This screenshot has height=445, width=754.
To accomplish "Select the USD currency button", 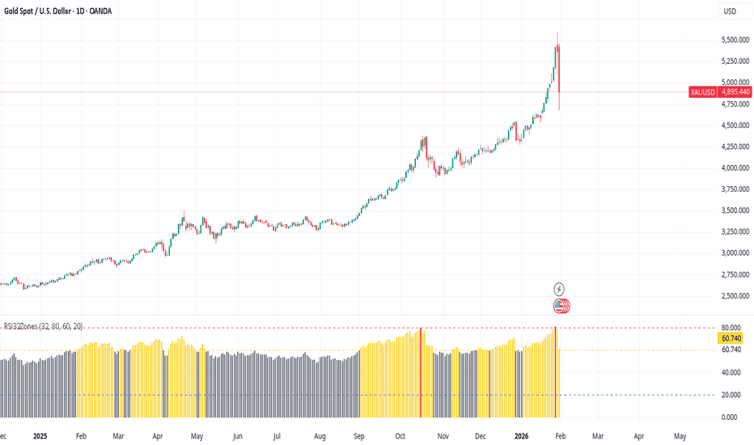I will (730, 11).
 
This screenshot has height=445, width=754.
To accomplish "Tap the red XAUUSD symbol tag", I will (702, 92).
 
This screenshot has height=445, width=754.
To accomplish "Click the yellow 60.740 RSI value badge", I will (731, 338).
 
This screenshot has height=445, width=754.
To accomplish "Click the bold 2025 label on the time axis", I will (41, 435).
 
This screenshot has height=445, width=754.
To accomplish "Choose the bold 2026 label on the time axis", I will (522, 435).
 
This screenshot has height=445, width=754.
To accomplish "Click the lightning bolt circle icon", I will (559, 289).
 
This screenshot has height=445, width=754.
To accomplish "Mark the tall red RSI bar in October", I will (421, 372).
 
